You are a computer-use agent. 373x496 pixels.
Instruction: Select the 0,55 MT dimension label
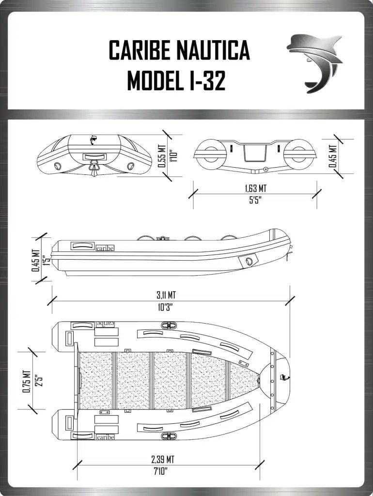162,156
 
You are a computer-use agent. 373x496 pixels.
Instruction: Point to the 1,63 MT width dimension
256,188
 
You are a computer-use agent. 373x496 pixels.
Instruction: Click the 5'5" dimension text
256,201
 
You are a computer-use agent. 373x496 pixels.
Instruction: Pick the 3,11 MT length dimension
166,295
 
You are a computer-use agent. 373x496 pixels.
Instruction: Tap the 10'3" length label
166,307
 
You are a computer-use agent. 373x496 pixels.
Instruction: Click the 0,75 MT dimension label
26,382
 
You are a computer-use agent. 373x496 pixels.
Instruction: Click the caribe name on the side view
105,248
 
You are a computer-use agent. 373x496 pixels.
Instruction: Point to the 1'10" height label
172,156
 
